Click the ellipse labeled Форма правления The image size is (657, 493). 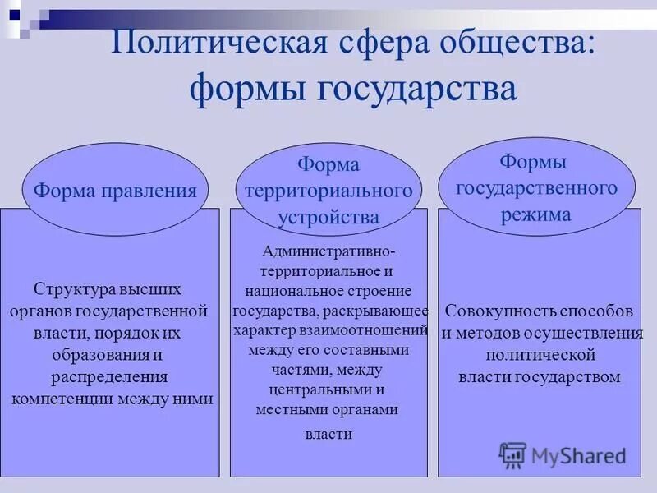(115, 191)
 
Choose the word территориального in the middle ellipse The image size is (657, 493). (328, 191)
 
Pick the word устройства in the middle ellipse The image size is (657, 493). (328, 217)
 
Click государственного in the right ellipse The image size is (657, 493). (536, 188)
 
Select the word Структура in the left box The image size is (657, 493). (76, 289)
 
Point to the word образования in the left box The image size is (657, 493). (89, 355)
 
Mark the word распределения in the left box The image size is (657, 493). (109, 377)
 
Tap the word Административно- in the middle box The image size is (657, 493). (328, 251)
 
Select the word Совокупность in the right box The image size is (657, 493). (494, 312)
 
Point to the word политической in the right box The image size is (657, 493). (540, 356)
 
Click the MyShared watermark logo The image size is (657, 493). (563, 454)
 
